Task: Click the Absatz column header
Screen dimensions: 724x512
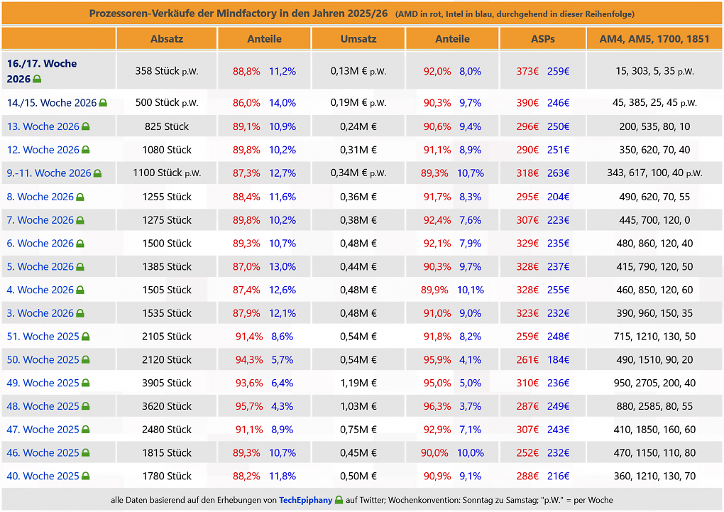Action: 167,39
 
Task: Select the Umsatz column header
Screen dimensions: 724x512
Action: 358,39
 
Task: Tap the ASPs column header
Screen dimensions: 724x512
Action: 542,39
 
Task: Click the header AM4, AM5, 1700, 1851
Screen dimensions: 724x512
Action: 654,39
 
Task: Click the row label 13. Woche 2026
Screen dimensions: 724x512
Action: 43,126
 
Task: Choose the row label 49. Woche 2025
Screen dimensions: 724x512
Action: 43,383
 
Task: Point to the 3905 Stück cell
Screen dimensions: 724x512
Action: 167,383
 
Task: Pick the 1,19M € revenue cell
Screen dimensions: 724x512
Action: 358,383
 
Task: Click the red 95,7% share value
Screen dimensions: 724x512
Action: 249,406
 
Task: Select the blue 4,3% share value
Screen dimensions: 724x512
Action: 282,406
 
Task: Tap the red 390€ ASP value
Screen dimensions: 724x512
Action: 527,102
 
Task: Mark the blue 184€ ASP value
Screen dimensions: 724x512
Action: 558,359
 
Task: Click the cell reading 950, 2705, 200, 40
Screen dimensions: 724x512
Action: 654,383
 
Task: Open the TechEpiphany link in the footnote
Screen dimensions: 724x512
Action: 306,500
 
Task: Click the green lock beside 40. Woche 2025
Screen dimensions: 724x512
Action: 85,476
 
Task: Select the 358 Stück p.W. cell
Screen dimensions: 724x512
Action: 167,71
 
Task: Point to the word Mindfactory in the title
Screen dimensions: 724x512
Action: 246,13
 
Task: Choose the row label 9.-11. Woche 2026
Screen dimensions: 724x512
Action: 49,173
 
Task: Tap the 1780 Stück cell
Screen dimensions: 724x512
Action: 167,476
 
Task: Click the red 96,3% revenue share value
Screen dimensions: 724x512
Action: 437,406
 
